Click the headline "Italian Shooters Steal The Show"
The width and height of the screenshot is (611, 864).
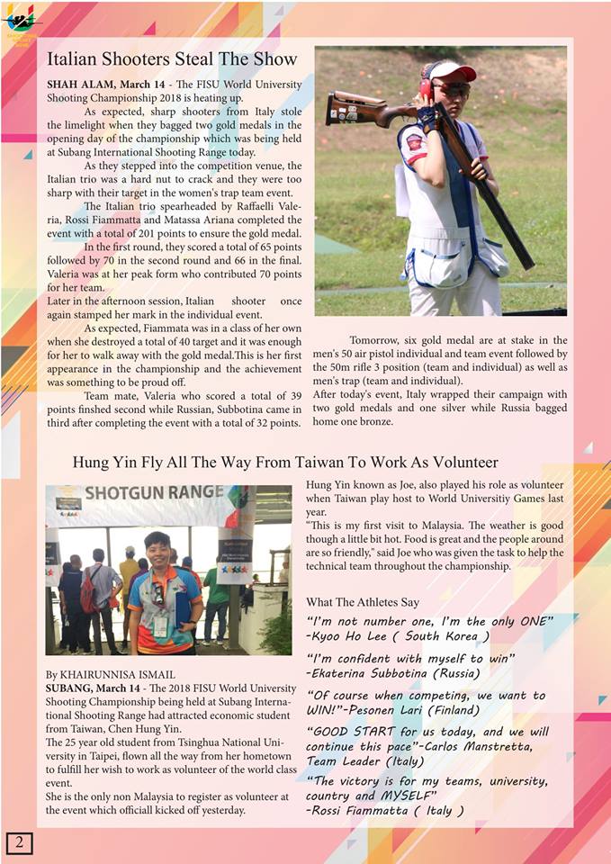coord(172,59)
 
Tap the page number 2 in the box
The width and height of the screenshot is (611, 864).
coord(19,842)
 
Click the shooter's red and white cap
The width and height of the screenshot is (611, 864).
coord(452,71)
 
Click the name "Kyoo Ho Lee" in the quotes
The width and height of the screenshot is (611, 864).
coord(354,635)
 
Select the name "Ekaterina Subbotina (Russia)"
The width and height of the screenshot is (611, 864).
coord(404,672)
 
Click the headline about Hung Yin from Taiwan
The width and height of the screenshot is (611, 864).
coord(285,463)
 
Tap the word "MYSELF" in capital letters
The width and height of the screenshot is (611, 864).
coord(405,796)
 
